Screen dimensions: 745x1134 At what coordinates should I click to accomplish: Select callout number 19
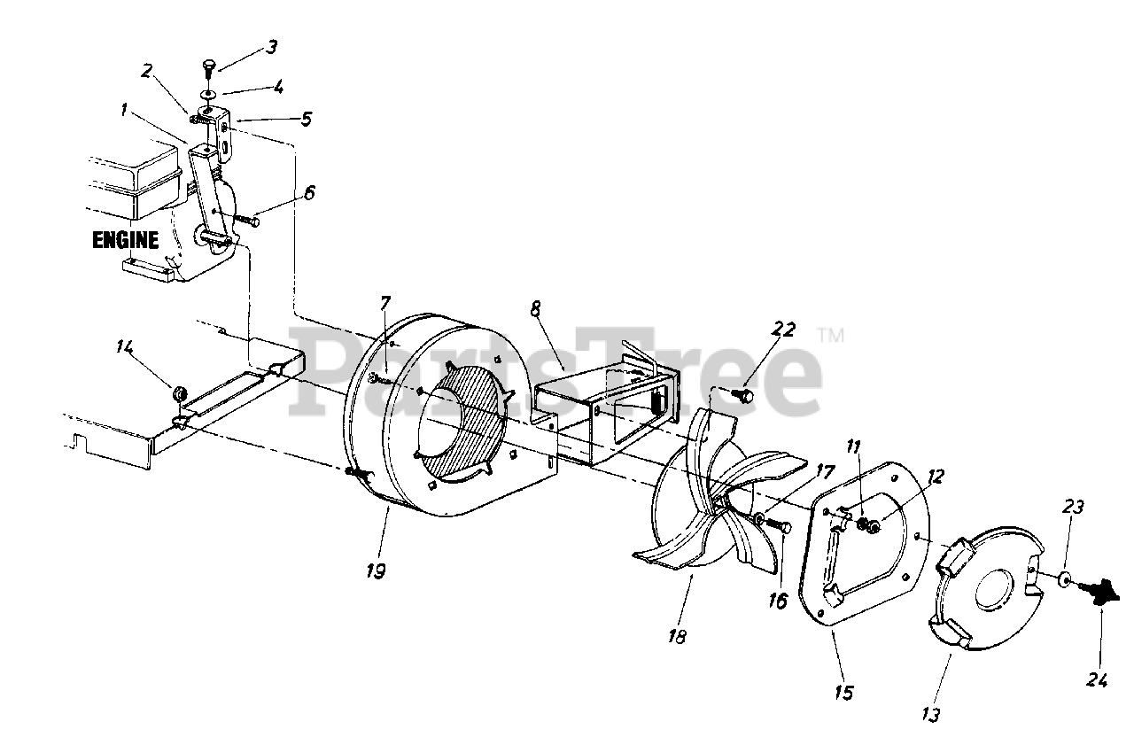pos(375,570)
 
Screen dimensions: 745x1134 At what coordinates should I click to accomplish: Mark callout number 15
pos(843,692)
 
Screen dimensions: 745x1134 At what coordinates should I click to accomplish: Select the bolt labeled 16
pos(781,525)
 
